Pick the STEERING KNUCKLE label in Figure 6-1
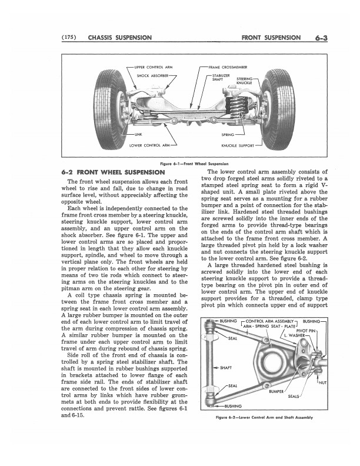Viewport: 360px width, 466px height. [x=244, y=81]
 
